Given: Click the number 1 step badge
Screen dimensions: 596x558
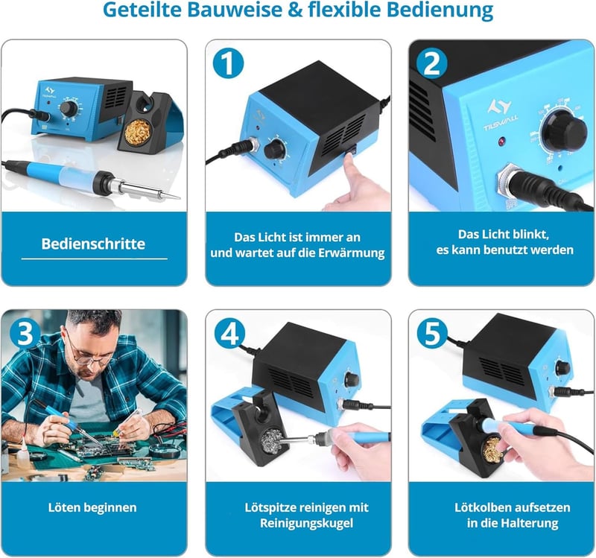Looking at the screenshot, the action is (228, 63).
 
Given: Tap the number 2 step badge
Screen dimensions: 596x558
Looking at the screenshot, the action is (432, 63).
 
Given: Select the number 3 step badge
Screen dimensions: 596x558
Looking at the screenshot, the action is (25, 333).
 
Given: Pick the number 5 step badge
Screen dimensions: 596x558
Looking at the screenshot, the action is (432, 333).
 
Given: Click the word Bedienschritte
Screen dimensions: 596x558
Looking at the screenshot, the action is (93, 244).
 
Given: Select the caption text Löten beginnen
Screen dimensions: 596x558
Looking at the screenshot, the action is (92, 507).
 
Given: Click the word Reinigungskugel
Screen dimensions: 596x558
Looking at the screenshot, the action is (307, 524).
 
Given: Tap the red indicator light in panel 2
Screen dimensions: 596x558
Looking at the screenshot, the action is (501, 142).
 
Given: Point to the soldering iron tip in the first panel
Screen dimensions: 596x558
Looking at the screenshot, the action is (179, 198).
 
